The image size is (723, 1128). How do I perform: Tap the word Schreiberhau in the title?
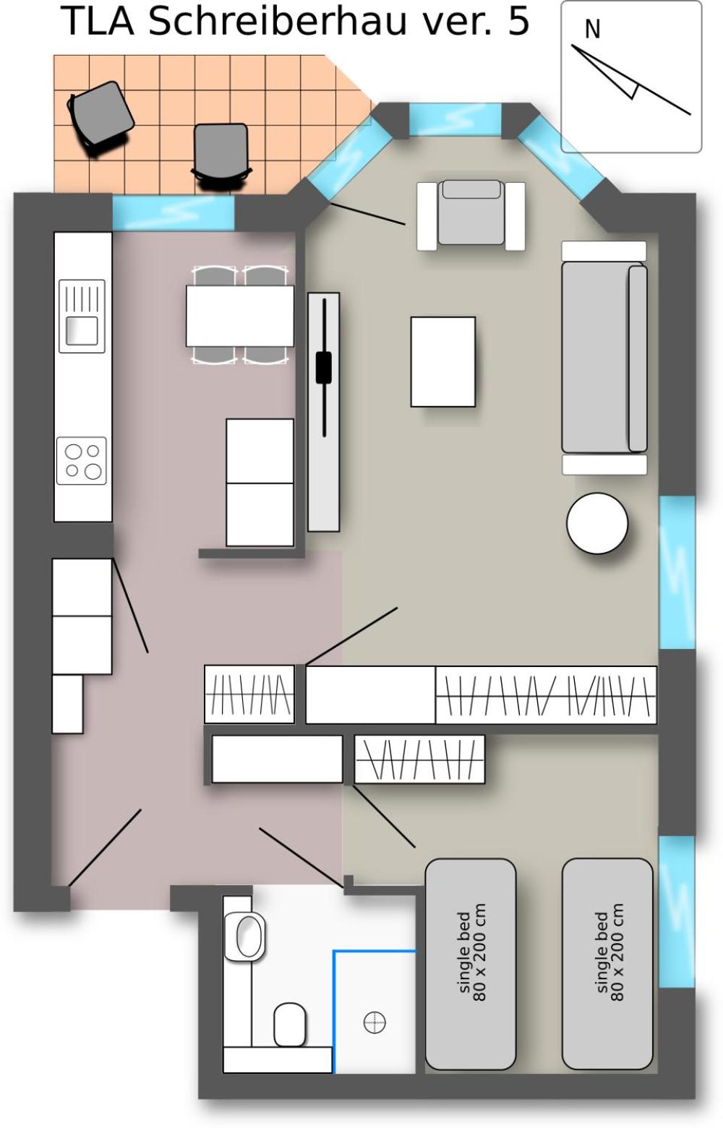[277, 21]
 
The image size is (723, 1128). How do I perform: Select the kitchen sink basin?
[82, 330]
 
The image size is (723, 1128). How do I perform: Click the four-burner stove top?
[81, 461]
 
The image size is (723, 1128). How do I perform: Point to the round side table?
[597, 523]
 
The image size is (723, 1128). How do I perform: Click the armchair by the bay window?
[471, 215]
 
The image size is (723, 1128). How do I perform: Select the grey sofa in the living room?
[604, 357]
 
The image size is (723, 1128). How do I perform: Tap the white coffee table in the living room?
[443, 361]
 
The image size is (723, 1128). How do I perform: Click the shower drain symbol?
[375, 1022]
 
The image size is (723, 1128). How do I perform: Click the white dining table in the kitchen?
[240, 316]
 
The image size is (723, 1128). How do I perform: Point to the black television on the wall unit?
[324, 368]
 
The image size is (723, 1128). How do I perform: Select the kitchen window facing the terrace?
[173, 212]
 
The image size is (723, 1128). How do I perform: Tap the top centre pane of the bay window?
[455, 119]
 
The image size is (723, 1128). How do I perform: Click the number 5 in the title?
[518, 21]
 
